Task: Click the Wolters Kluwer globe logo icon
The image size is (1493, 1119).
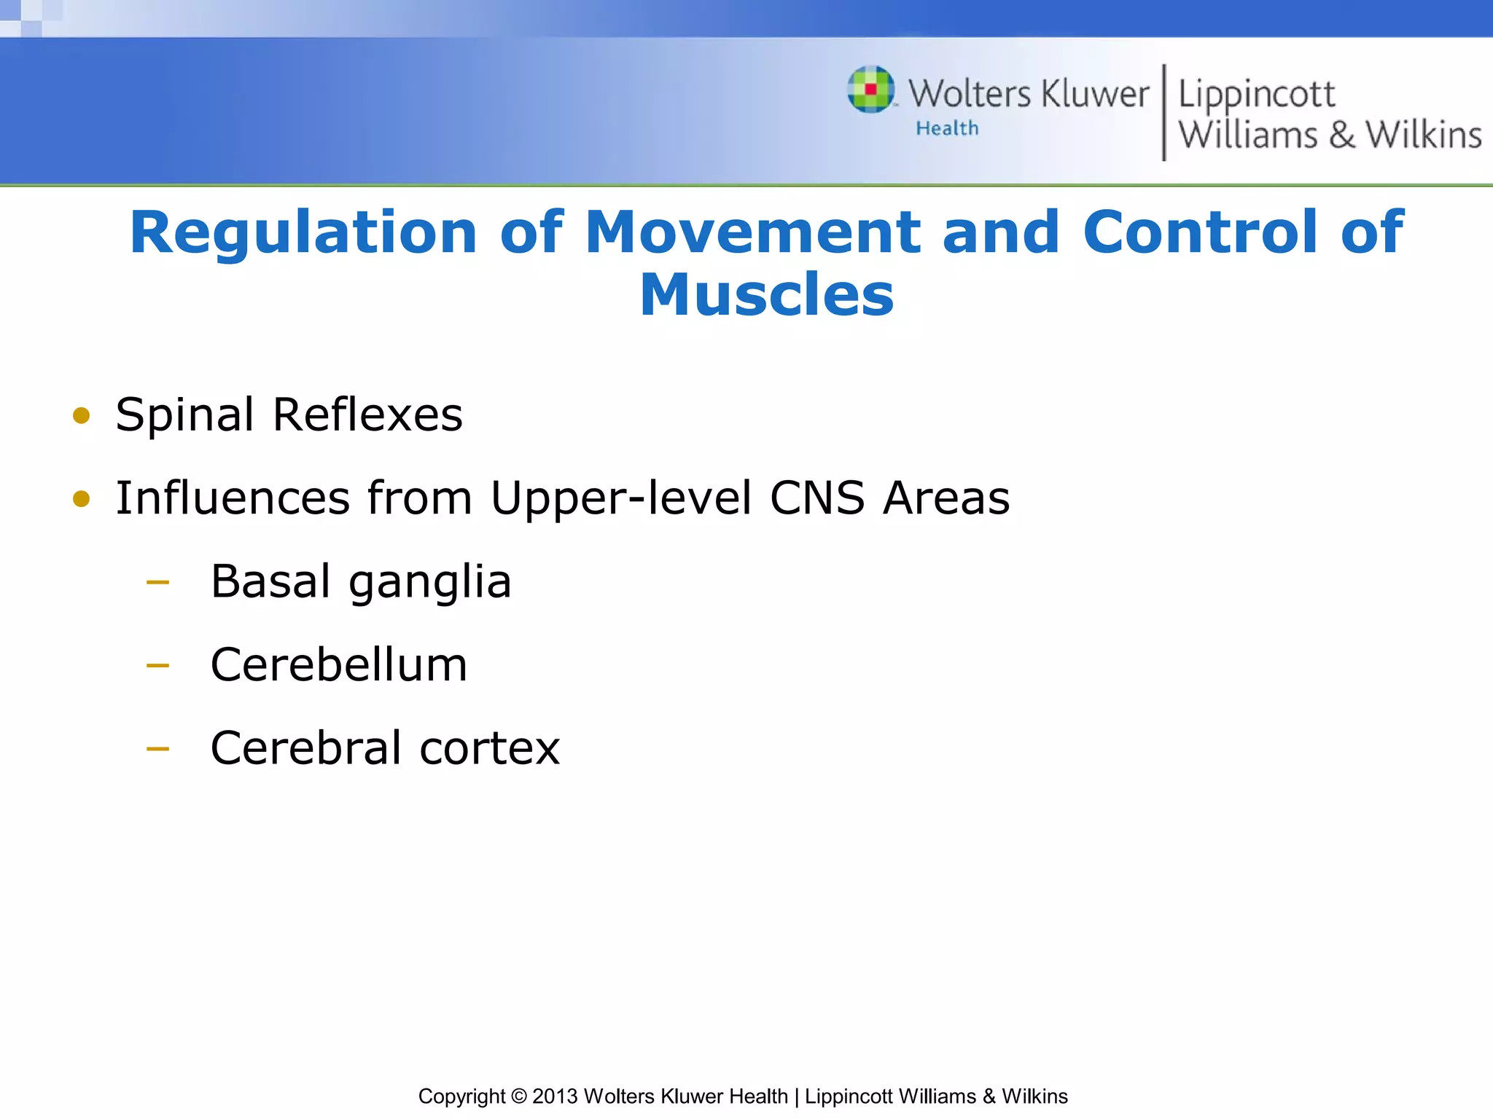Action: [870, 90]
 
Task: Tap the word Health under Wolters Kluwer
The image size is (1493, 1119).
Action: [947, 128]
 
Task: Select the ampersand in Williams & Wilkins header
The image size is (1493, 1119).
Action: [1341, 136]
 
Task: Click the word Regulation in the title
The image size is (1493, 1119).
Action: [303, 233]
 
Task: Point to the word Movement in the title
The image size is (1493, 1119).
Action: [752, 233]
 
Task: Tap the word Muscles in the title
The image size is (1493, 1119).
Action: [766, 295]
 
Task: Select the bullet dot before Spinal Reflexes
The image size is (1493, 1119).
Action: [81, 416]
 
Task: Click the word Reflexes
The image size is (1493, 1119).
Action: [367, 415]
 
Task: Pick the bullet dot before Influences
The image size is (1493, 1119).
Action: [81, 499]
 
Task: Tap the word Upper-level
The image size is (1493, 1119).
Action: [620, 499]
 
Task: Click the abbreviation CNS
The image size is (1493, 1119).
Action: [817, 498]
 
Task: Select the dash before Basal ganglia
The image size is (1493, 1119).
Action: [157, 582]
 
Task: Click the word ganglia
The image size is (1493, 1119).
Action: [430, 583]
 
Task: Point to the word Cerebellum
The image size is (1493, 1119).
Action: [339, 664]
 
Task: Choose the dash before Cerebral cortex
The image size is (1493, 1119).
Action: [157, 748]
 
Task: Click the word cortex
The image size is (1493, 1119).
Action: [489, 748]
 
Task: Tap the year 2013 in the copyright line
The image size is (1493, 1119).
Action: [555, 1096]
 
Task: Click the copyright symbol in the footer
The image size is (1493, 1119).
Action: [518, 1096]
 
